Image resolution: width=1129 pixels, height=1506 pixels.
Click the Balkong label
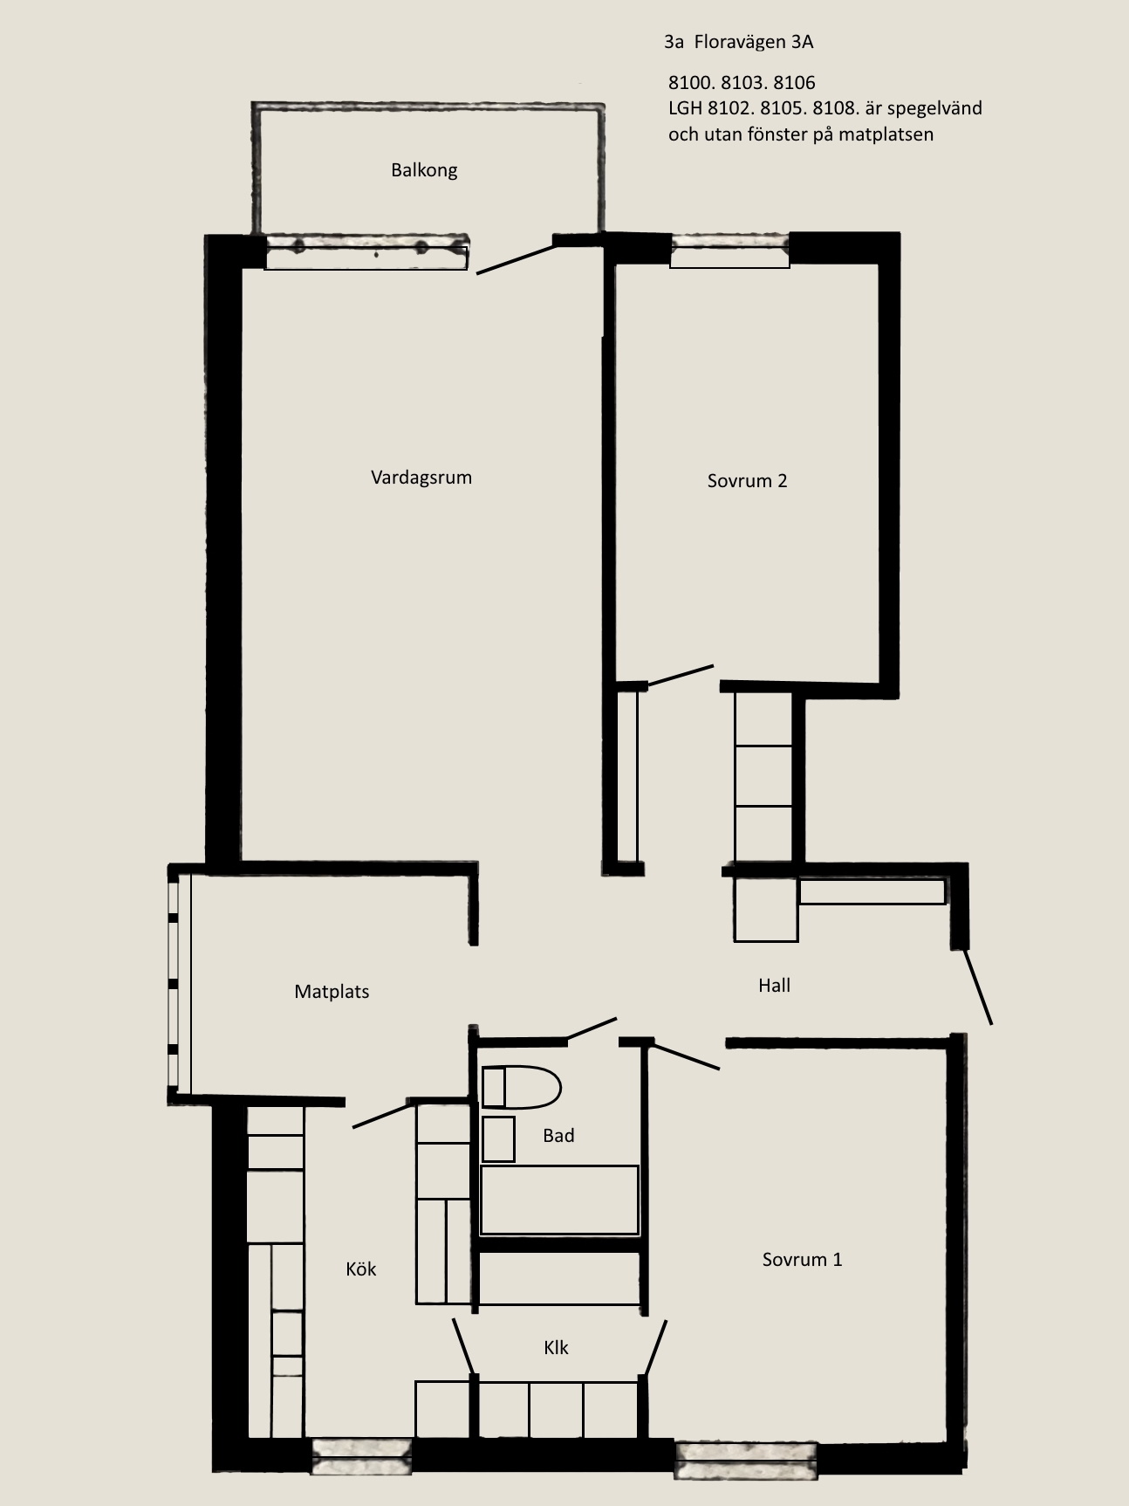pyautogui.click(x=424, y=170)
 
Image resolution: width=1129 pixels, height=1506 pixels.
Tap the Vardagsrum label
pyautogui.click(x=421, y=478)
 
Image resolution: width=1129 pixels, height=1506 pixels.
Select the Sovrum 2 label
pyautogui.click(x=747, y=480)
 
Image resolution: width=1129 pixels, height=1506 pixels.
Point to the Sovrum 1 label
pyautogui.click(x=802, y=1259)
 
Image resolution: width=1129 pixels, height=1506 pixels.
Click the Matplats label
pyautogui.click(x=332, y=992)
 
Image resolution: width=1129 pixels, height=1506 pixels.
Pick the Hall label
pyautogui.click(x=774, y=986)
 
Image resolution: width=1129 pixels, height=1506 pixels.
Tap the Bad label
pyautogui.click(x=558, y=1135)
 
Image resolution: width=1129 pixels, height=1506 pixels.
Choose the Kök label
pyautogui.click(x=360, y=1269)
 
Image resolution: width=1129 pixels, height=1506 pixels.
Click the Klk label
pyautogui.click(x=556, y=1347)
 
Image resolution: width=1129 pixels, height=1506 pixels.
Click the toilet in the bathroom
pyautogui.click(x=521, y=1087)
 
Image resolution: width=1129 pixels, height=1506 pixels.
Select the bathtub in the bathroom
pyautogui.click(x=559, y=1200)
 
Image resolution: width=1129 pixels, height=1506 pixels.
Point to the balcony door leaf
pyautogui.click(x=516, y=259)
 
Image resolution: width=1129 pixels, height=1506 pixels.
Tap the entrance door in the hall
pyautogui.click(x=977, y=987)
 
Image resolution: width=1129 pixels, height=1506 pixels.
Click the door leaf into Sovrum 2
pyautogui.click(x=681, y=676)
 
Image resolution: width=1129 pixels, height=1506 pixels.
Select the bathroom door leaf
pyautogui.click(x=592, y=1029)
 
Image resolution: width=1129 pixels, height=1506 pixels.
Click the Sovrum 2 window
pyautogui.click(x=729, y=251)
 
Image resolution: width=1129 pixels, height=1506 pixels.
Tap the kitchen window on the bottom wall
pyautogui.click(x=361, y=1455)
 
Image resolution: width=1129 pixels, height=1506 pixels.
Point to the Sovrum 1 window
pyautogui.click(x=746, y=1461)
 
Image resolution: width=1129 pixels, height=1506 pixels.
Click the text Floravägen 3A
pyautogui.click(x=754, y=42)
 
